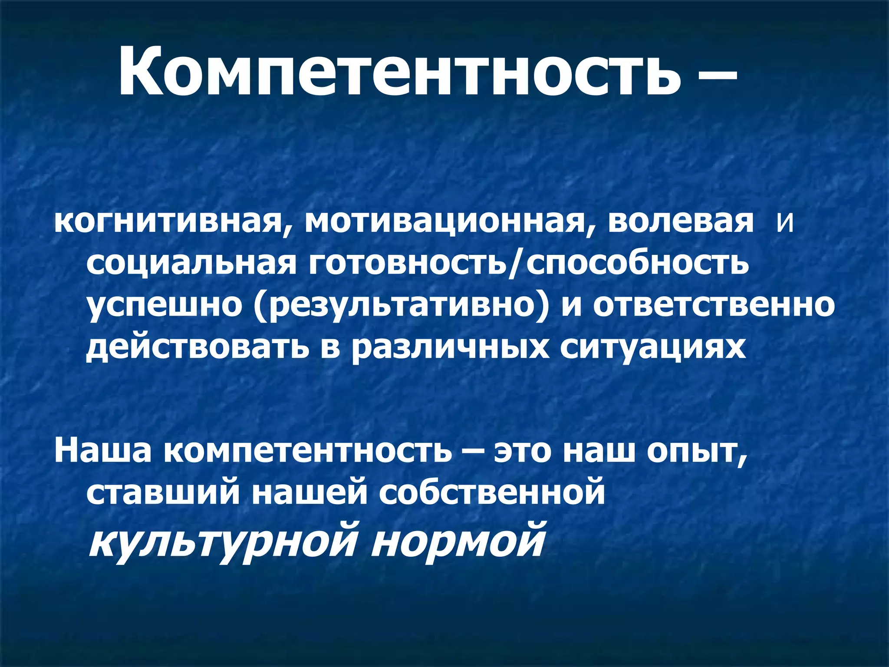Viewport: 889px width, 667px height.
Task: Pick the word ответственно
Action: [x=712, y=304]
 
